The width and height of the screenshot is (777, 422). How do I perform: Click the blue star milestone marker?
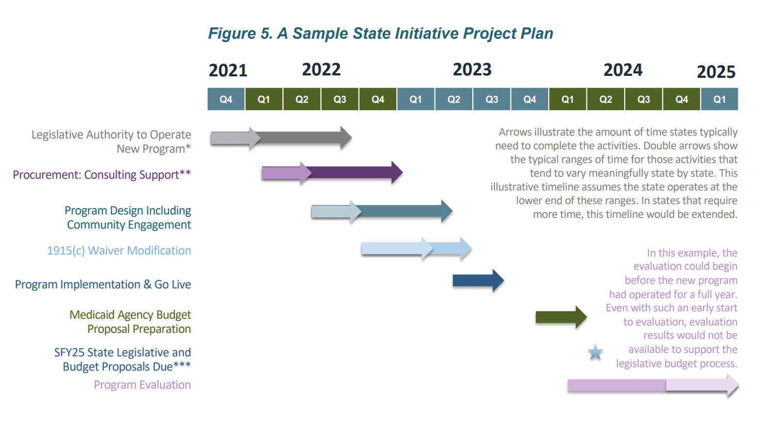(595, 352)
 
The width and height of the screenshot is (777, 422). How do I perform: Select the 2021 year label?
(228, 70)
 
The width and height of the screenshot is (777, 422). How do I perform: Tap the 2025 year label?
(716, 72)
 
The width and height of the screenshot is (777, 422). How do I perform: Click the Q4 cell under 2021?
(226, 99)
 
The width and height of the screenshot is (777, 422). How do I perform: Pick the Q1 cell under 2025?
(719, 99)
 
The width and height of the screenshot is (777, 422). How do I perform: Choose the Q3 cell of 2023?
(492, 99)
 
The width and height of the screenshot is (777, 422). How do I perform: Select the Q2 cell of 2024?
(606, 99)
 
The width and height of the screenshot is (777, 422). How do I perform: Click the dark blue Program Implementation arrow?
(478, 281)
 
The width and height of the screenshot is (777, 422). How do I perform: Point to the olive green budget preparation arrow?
(561, 317)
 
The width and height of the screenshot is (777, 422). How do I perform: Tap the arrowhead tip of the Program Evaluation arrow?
(738, 385)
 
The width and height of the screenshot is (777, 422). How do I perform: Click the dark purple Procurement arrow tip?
(403, 172)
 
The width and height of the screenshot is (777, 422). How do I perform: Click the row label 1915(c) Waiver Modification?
(119, 250)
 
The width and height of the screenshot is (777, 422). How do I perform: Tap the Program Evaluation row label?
(142, 385)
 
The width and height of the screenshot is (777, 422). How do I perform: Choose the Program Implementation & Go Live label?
(103, 284)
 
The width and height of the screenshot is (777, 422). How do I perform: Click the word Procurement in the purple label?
(47, 174)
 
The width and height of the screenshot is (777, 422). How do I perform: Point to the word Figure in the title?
(232, 34)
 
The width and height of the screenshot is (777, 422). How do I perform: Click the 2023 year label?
(472, 70)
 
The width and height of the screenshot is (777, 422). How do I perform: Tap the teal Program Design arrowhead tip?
(452, 211)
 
